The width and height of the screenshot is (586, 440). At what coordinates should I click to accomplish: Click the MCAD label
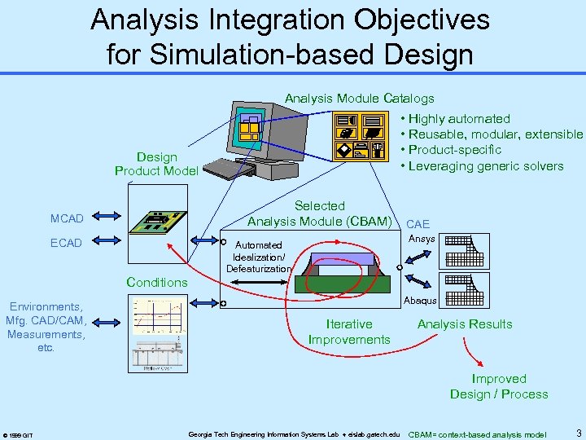click(67, 218)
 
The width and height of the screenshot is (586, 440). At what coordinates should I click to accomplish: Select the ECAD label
click(66, 242)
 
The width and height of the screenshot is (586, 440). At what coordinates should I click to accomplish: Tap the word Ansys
click(422, 239)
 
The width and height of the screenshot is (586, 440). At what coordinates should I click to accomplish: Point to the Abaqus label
click(421, 301)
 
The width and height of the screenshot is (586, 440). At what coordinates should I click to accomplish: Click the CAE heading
click(418, 224)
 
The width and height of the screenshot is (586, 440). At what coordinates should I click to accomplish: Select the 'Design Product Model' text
click(156, 163)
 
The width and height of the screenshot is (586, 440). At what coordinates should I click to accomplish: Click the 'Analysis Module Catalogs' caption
click(359, 99)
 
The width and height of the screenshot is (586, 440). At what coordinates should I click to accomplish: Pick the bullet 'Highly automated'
click(459, 119)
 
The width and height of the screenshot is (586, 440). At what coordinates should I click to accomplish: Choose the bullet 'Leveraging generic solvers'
click(485, 166)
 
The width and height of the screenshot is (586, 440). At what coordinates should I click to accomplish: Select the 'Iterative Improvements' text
click(349, 332)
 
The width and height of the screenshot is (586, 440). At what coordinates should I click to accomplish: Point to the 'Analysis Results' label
click(465, 324)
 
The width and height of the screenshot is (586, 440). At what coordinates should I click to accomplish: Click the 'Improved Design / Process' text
click(498, 386)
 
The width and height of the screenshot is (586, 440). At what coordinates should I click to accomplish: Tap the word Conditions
click(156, 282)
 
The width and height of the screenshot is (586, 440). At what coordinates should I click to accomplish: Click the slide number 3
click(577, 432)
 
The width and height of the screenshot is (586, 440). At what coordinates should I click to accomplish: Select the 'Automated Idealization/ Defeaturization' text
click(258, 257)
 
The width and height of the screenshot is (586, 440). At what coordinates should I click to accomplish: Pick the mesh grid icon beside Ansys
click(465, 249)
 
